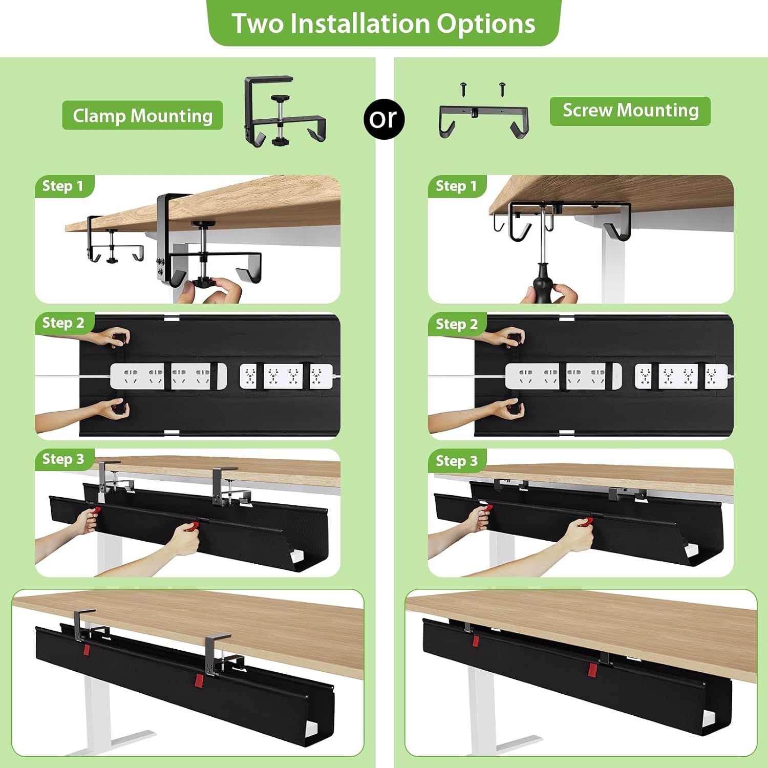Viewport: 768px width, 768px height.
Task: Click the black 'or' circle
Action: (384, 119)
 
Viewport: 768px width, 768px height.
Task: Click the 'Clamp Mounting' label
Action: (142, 116)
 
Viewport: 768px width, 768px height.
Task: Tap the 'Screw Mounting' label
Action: (630, 111)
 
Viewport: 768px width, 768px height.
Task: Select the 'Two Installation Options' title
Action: (383, 24)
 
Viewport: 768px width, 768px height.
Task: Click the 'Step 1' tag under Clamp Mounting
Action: (63, 186)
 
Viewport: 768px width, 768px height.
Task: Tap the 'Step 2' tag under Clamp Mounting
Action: (63, 323)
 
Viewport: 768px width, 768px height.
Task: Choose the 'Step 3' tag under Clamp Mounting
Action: (63, 459)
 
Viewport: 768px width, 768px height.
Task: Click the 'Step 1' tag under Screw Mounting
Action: (456, 186)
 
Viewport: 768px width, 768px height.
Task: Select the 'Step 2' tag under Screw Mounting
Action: (457, 324)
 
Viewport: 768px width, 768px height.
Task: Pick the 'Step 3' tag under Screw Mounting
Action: (457, 461)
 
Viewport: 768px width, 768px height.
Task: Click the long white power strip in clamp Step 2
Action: (168, 376)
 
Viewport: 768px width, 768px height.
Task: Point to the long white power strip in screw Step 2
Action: (563, 376)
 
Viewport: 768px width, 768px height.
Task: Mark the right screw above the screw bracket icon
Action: (502, 88)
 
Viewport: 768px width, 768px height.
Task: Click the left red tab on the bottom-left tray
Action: (86, 650)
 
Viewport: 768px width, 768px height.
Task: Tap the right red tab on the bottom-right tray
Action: (592, 669)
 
